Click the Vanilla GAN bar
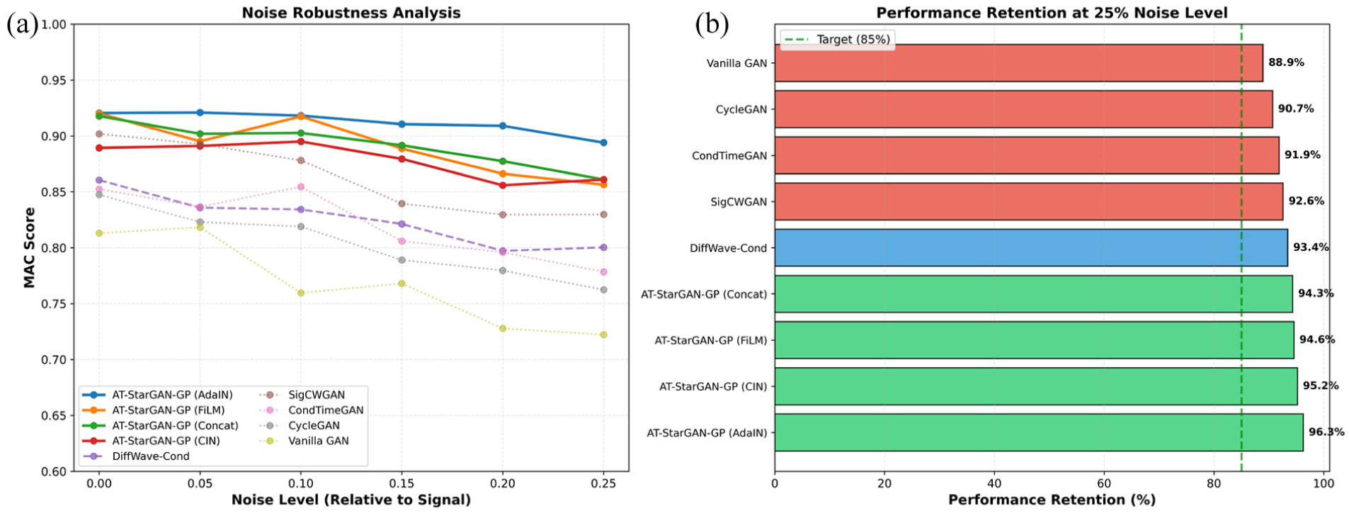coord(1018,63)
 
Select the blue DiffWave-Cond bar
coord(1031,247)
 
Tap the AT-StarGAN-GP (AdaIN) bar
coord(1039,432)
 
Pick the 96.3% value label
coord(1326,432)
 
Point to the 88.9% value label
coord(1286,62)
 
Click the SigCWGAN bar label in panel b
coord(739,202)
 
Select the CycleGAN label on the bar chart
coord(741,110)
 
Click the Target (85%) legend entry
coord(837,40)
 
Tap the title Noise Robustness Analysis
coord(351,13)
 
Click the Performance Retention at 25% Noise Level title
coord(1052,13)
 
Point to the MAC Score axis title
coord(29,247)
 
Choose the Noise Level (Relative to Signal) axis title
coord(351,500)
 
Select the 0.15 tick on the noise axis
coord(402,483)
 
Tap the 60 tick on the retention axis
coord(1103,483)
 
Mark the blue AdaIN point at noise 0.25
coord(603,142)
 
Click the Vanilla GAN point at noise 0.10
coord(301,293)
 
